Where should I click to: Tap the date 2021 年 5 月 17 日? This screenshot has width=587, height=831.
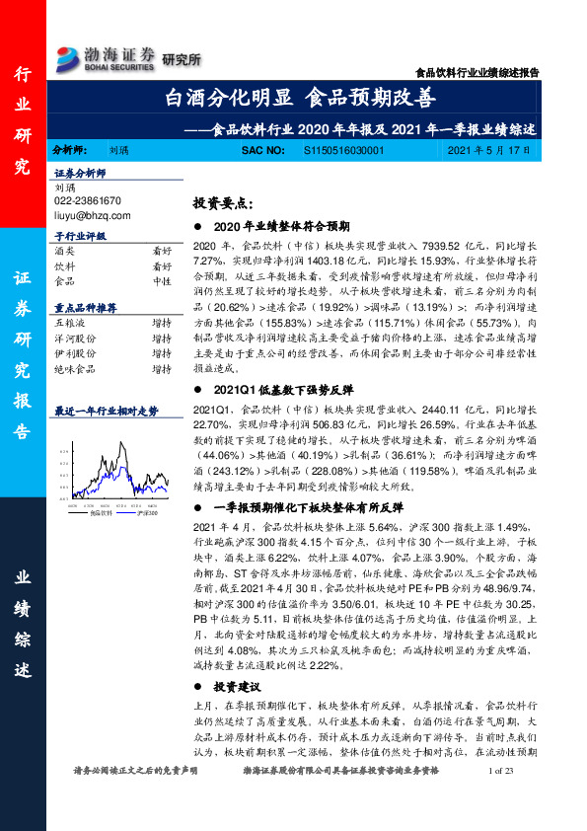point(488,150)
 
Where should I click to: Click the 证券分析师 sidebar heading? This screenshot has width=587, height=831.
point(80,173)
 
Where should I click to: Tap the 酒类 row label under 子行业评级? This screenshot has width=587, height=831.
point(64,252)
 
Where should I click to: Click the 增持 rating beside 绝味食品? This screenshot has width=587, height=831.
point(161,368)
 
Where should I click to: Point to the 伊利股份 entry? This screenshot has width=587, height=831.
point(73,352)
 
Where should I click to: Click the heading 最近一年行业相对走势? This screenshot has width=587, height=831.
point(106,410)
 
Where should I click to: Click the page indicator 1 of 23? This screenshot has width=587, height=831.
point(502,809)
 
